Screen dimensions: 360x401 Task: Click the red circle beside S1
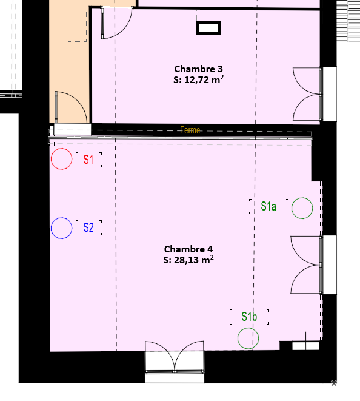[51, 159]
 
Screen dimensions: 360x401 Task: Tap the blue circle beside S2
[51, 228]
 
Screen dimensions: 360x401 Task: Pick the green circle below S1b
[238, 339]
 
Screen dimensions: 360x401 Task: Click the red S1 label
[88, 160]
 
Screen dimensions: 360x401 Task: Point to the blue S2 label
[88, 227]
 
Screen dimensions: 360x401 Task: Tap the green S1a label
[268, 206]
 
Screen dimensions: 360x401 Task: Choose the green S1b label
[249, 317]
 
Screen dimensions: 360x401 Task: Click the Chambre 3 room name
[198, 69]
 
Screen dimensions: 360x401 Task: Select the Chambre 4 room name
[188, 249]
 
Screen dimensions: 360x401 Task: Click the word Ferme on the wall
[190, 130]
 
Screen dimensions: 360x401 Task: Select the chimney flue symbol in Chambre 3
[208, 28]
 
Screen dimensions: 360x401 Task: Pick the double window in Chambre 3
[308, 94]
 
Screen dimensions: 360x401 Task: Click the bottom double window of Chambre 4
[175, 357]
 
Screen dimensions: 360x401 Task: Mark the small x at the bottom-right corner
[334, 383]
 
